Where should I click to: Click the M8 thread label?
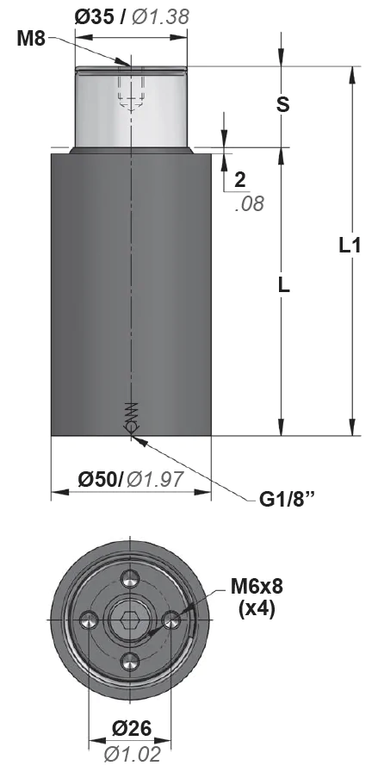pos(31,39)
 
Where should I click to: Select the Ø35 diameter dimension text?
pos(94,17)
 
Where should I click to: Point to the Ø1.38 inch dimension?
pos(160,17)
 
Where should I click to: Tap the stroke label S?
pos(282,105)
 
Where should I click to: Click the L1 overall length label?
pos(350,246)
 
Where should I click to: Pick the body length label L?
pos(283,285)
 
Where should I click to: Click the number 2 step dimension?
pos(240,180)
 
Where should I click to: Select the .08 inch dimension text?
pos(250,203)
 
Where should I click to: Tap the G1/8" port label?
pos(288,501)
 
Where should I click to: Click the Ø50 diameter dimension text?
pos(99,478)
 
